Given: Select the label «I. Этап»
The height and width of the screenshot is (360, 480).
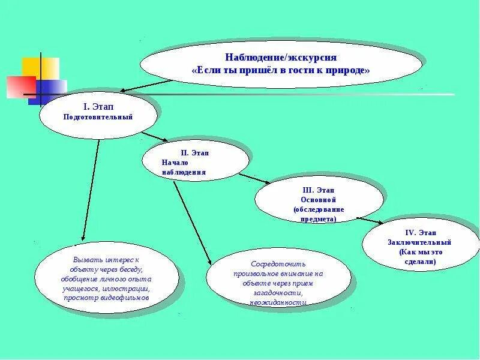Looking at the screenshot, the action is (x=98, y=106).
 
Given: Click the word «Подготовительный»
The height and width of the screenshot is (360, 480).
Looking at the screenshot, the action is (x=98, y=116).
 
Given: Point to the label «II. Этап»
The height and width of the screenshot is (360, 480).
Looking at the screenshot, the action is (x=195, y=153).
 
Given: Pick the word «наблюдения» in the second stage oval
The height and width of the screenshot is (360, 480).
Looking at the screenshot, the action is (x=184, y=172).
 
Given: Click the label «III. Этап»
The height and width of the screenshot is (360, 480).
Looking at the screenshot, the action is (x=319, y=190).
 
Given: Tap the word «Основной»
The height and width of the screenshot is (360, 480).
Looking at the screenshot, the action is (x=319, y=199).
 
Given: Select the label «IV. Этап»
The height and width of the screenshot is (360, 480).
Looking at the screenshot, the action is (x=420, y=232).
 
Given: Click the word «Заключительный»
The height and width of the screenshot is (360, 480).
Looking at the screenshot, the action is (x=419, y=242).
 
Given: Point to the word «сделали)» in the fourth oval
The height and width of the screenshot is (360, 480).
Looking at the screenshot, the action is (x=420, y=262).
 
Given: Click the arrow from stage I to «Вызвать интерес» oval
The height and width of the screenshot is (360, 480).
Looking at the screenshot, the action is (x=90, y=192).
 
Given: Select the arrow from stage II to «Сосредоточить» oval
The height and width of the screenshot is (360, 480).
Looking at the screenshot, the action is (x=192, y=222).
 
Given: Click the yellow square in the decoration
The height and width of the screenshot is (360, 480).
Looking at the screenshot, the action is (x=41, y=67).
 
